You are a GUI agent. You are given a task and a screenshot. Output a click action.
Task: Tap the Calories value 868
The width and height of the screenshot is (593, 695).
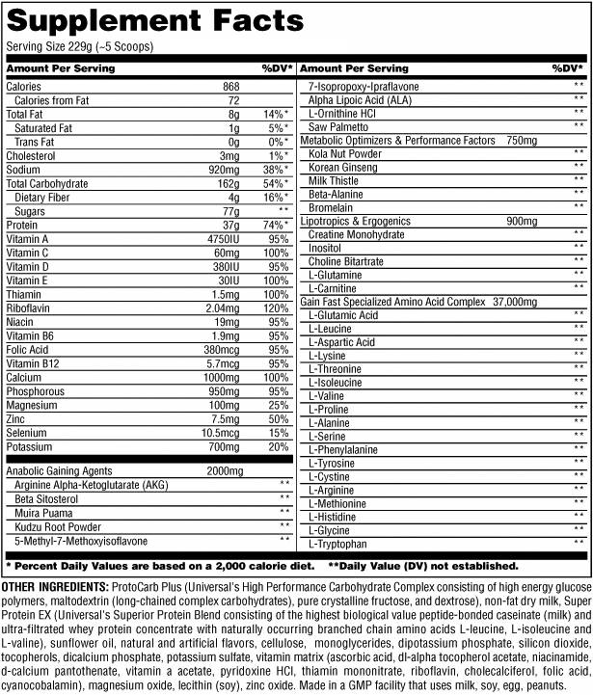tap(229, 87)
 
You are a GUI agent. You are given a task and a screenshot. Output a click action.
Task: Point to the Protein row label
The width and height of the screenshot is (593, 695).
tap(22, 225)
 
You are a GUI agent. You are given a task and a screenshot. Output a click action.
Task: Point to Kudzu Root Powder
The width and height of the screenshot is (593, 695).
tap(57, 526)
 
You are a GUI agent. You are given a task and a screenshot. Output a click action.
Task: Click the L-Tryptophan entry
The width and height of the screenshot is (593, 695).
tap(335, 544)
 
